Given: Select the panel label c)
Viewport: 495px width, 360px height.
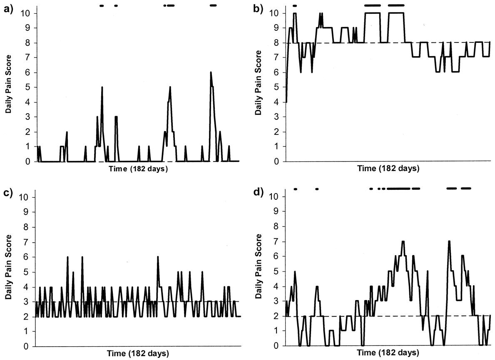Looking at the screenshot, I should coord(8,193).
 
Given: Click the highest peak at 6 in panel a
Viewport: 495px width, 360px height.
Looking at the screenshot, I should coord(211,72).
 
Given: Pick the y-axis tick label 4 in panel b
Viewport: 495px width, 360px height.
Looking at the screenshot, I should coord(277,102).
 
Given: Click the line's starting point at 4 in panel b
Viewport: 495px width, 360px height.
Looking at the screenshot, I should coord(286,102).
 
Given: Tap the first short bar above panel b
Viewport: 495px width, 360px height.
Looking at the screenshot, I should coord(295,5).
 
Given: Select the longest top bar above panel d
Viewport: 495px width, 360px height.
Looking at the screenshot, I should coord(398,189).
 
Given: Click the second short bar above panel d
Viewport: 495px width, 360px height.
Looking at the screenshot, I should coord(317,189).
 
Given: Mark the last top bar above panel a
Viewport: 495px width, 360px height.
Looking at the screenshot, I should coord(213,5).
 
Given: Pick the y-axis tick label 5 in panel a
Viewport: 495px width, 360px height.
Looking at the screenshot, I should coord(27,87).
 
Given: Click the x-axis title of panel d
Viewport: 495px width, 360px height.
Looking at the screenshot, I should coord(388,353).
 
